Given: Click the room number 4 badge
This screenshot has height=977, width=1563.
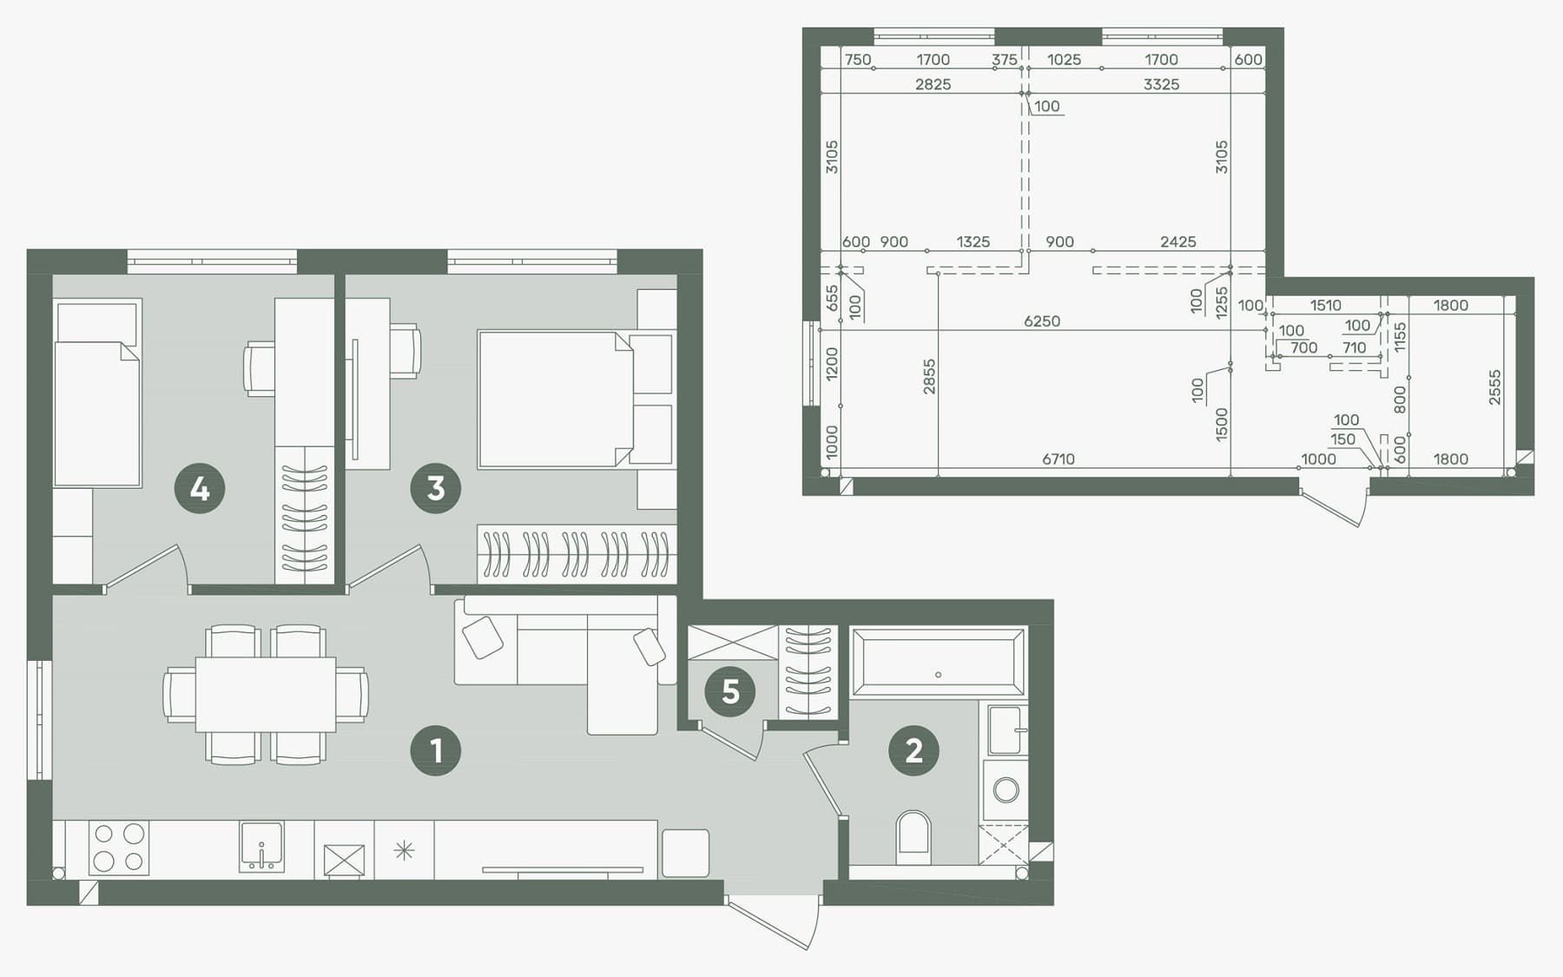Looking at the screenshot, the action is [x=200, y=488].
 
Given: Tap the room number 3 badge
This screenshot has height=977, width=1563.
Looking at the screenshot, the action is [x=436, y=488].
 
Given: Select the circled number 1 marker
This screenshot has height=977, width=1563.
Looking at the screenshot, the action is [x=436, y=750].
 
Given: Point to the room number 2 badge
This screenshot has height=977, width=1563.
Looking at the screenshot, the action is [x=913, y=750].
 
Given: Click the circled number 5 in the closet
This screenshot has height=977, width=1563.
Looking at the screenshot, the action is [x=730, y=691].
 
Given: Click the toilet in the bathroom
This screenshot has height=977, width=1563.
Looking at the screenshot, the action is [x=913, y=837].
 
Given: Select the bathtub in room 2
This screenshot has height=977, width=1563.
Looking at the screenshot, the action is [x=938, y=663].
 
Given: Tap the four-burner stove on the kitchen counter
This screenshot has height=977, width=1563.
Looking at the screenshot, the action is [x=119, y=848].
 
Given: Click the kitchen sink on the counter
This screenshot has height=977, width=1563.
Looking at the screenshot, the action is [x=261, y=847].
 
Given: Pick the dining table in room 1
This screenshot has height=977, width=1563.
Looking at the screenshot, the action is [x=266, y=695].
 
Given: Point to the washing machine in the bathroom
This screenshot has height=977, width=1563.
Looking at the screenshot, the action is [x=1006, y=790].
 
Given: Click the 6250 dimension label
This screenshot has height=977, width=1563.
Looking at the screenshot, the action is [x=1042, y=321].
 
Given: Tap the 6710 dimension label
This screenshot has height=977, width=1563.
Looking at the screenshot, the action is [x=1058, y=459].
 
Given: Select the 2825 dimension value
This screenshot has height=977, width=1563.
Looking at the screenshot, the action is [x=933, y=84].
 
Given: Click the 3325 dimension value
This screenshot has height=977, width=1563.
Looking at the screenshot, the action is [x=1161, y=84].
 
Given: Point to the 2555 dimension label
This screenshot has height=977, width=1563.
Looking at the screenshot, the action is [x=1494, y=387].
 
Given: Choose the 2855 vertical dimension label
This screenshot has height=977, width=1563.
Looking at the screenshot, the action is [x=929, y=377].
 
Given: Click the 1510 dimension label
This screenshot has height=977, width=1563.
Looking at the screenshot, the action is [x=1325, y=306].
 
